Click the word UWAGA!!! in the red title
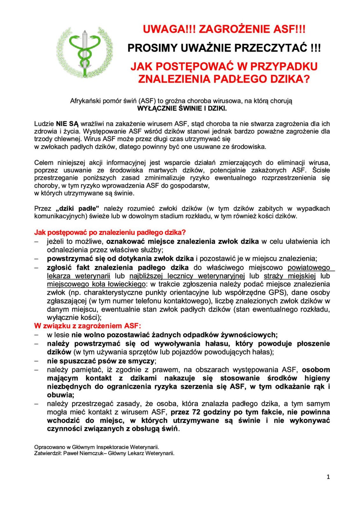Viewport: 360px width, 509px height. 169,29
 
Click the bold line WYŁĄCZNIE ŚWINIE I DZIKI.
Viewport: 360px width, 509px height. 182,108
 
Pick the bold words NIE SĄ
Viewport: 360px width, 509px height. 67,124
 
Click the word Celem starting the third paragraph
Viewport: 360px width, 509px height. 44,163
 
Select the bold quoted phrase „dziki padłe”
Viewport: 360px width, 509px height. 77,209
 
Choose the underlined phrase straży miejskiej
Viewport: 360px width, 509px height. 290,276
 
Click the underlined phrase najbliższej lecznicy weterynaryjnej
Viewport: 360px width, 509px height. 187,276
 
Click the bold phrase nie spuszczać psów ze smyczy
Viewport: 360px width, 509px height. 101,361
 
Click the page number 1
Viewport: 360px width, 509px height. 328,477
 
